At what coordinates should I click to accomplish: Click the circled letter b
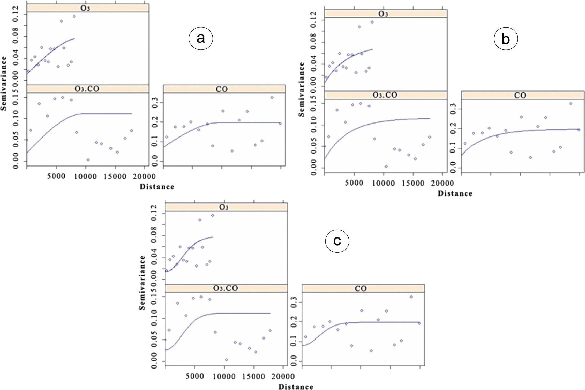click(x=506, y=39)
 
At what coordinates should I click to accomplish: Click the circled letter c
click(x=337, y=241)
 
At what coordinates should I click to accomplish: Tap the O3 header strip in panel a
click(x=88, y=8)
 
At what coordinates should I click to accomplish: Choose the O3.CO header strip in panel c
click(x=226, y=288)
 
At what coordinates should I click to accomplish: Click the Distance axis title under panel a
click(x=157, y=187)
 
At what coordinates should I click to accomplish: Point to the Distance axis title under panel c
click(x=296, y=387)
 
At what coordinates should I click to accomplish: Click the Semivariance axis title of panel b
click(x=301, y=89)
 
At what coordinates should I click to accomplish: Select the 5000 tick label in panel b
click(x=354, y=183)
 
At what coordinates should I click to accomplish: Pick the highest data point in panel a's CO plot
click(x=272, y=98)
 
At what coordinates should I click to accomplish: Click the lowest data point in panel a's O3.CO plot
click(x=88, y=160)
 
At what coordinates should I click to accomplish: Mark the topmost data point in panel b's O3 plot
click(x=372, y=22)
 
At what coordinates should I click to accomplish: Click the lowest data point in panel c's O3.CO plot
click(x=226, y=360)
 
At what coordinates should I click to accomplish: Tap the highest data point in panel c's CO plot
click(x=411, y=297)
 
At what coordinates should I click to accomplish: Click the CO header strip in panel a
click(x=224, y=89)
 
